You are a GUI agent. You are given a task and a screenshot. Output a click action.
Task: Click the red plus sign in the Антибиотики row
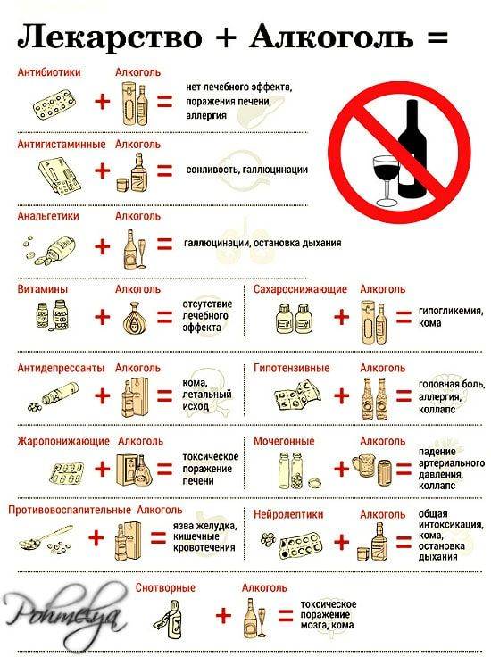[104, 102]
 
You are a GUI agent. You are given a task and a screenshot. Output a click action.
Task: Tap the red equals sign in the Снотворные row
[285, 616]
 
